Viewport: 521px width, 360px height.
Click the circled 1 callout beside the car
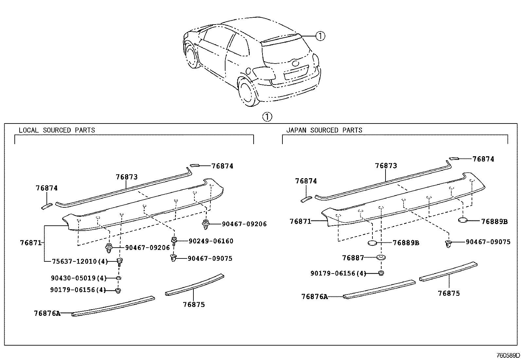pos(320,36)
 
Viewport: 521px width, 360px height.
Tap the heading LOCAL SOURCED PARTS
pos(57,130)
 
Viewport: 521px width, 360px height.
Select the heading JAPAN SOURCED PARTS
pos(324,130)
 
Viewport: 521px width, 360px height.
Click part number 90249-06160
pos(211,241)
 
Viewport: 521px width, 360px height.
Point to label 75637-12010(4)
pos(80,261)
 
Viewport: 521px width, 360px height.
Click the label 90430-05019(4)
pos(79,278)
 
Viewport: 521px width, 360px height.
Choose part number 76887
pos(353,258)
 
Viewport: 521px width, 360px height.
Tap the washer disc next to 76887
pos(381,257)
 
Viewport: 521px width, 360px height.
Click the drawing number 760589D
pos(508,355)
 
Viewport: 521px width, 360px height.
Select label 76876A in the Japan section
pos(314,297)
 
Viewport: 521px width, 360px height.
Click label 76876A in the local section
pos(47,313)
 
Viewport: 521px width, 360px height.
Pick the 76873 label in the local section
pos(126,177)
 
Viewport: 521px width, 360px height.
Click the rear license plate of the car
pos(296,72)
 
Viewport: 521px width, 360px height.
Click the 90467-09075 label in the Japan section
pos(488,242)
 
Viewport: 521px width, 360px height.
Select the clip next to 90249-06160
pos(174,240)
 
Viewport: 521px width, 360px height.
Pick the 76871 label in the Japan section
pos(300,221)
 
